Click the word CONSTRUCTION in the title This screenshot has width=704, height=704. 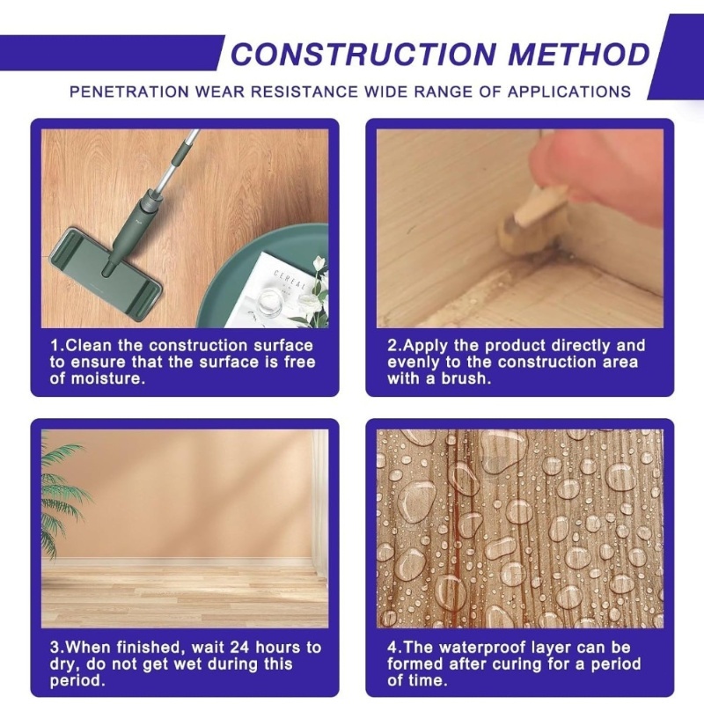[x=364, y=55]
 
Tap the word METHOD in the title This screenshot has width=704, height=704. [x=579, y=55]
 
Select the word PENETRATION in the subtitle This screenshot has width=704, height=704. [x=129, y=92]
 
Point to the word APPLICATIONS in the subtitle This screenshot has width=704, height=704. [x=569, y=92]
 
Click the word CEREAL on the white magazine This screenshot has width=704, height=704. [x=290, y=279]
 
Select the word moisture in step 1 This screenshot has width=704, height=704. [x=107, y=378]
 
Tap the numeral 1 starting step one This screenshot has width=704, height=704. [x=55, y=345]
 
